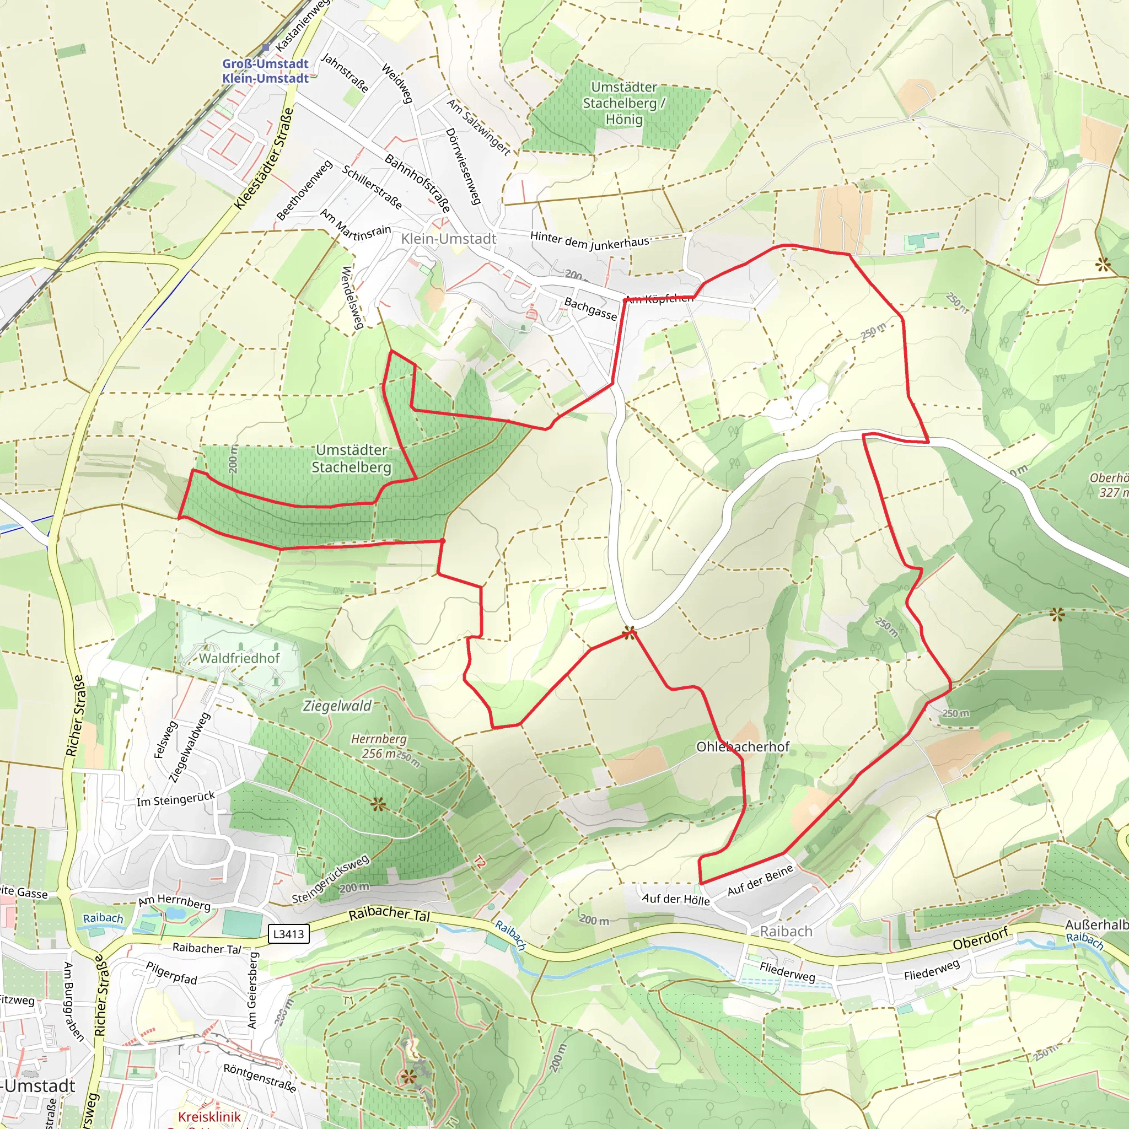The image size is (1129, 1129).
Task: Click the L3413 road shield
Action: [x=289, y=934]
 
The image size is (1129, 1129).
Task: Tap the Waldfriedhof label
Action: [x=239, y=658]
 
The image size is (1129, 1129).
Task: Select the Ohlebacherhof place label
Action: [x=742, y=747]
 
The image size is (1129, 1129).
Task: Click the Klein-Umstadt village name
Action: [x=448, y=239]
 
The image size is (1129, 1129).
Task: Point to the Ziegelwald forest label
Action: [x=337, y=706]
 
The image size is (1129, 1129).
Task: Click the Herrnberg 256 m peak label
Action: [x=379, y=746]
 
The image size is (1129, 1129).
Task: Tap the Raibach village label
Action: [x=786, y=932]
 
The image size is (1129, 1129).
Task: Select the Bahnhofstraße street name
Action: [x=417, y=183]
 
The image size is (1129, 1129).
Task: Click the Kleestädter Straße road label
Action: [x=264, y=158]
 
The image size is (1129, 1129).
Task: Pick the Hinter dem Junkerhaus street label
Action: [x=590, y=240]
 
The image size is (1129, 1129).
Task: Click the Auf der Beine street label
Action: [x=760, y=880]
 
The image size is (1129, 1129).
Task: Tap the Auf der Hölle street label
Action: [x=675, y=899]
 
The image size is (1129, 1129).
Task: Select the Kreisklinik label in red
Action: [x=209, y=1117]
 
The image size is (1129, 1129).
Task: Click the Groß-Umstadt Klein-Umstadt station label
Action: [x=265, y=71]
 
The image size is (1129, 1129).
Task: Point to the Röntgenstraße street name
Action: [x=260, y=1078]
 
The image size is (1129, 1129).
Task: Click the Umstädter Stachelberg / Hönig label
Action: [x=623, y=104]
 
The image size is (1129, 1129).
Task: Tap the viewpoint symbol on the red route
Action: [x=629, y=632]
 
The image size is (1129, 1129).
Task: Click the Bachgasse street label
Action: [x=590, y=309]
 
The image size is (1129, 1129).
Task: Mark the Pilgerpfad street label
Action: [x=172, y=973]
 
